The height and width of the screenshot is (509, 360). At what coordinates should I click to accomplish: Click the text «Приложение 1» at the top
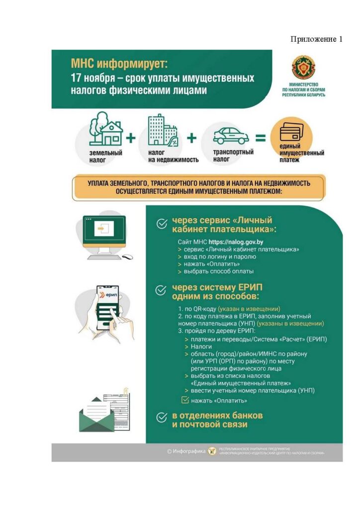pyautogui.click(x=317, y=40)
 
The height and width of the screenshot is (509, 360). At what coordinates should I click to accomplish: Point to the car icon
pyautogui.click(x=231, y=135)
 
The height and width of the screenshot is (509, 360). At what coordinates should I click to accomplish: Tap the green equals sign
pyautogui.click(x=261, y=138)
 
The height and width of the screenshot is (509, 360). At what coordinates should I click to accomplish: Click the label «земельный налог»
pyautogui.click(x=105, y=157)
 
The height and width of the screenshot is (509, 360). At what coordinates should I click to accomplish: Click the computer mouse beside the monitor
pyautogui.click(x=128, y=257)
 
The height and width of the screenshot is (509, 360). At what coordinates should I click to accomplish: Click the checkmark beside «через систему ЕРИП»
pyautogui.click(x=161, y=290)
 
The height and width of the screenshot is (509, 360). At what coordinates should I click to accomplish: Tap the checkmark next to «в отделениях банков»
pyautogui.click(x=161, y=418)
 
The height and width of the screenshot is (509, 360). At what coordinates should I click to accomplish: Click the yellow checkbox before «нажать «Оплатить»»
pyautogui.click(x=184, y=399)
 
